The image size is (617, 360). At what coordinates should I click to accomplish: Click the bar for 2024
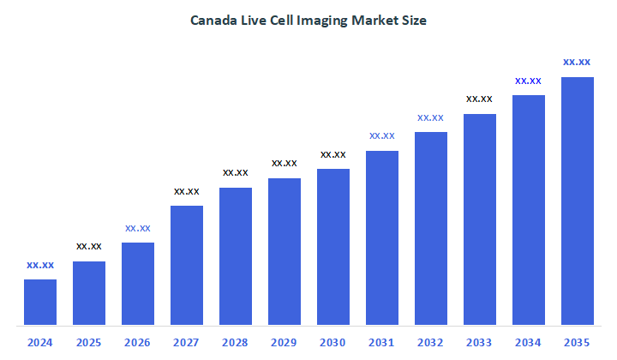click(x=40, y=303)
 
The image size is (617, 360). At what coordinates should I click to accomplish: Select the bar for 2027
click(x=187, y=266)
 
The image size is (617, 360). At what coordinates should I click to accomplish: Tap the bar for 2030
click(x=333, y=247)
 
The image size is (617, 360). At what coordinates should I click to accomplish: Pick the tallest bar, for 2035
click(x=577, y=201)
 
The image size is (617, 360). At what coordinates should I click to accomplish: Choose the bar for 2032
click(x=431, y=229)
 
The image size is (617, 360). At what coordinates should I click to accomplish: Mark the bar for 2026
click(x=138, y=284)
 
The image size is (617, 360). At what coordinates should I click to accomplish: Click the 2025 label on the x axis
click(x=89, y=342)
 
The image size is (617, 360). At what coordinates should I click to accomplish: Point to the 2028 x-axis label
click(x=236, y=342)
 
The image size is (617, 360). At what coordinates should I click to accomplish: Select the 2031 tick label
click(x=382, y=342)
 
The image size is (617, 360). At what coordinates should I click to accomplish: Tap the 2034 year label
click(x=529, y=342)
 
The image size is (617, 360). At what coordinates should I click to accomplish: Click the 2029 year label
click(x=285, y=342)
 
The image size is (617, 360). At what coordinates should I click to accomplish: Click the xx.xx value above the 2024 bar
click(x=40, y=265)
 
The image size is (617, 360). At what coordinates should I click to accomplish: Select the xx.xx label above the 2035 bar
click(x=577, y=62)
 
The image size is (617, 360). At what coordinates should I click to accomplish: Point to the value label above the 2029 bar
click(x=285, y=163)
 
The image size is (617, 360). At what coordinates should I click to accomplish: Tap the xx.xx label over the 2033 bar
click(x=480, y=99)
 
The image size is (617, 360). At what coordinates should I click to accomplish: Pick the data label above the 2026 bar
click(x=138, y=228)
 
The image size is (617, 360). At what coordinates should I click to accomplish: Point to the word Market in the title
click(x=374, y=21)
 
